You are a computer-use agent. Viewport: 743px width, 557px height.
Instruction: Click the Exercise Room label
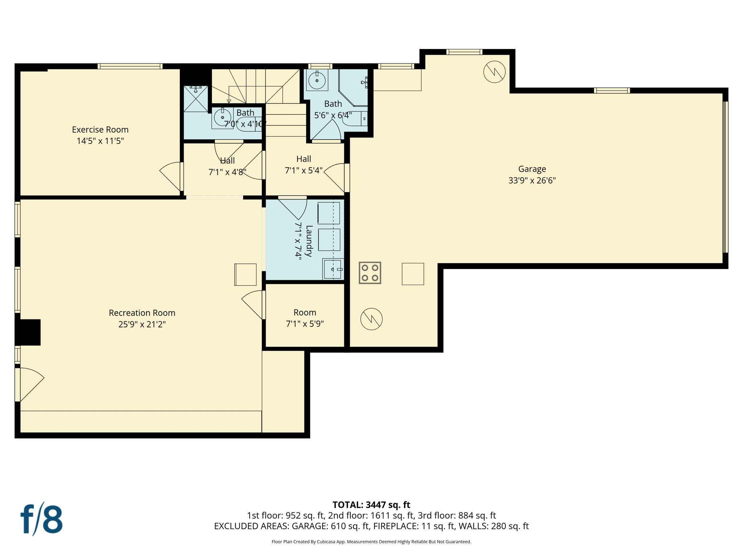coord(100,129)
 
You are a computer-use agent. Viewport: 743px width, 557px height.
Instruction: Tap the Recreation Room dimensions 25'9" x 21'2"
coord(142,324)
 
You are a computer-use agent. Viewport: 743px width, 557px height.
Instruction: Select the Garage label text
coord(532,169)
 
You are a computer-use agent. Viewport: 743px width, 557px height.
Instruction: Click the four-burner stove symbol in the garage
coord(370,273)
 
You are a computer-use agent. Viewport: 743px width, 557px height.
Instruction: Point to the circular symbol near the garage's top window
coord(494,72)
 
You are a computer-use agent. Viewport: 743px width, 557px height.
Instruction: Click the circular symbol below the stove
coord(371,319)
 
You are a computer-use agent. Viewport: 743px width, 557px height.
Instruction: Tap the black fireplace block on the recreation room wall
coord(28,332)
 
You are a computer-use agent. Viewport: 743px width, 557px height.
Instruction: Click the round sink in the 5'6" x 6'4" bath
coord(317,80)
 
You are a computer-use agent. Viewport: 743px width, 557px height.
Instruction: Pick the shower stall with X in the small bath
coord(196,99)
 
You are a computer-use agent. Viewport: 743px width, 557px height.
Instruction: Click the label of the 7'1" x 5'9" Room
coord(305,313)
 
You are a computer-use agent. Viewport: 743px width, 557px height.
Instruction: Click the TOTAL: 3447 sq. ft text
coord(371,505)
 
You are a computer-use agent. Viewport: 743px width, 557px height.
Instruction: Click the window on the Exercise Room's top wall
coord(130,66)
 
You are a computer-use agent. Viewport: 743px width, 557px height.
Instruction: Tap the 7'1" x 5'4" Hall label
coord(304,159)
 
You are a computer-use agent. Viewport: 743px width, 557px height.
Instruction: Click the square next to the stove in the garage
coord(412,274)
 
